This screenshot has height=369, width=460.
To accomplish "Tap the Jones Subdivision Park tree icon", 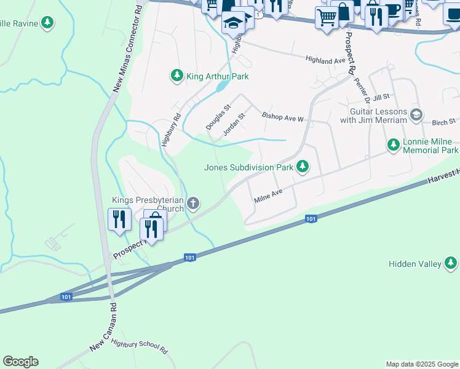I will point(302,166).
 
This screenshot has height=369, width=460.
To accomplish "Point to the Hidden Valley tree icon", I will point(451,263).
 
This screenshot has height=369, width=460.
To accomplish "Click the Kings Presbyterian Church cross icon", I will point(193,204).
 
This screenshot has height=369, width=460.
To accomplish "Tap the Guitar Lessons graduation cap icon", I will point(417,115).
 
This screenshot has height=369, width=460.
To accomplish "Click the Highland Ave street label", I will point(326,60).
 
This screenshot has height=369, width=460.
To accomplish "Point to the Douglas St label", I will point(218,116).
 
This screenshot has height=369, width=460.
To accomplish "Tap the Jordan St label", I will point(234,124).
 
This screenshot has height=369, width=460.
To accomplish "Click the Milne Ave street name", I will point(268,196).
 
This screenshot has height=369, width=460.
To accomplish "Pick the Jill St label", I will point(381,97).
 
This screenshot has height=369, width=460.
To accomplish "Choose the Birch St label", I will point(443,122).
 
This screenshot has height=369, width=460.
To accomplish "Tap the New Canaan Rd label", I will point(103,327).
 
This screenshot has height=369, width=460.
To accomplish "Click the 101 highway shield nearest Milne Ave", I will point(311,218).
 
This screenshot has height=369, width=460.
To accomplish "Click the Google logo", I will point(20,362).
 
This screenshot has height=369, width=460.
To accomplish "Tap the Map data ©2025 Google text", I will point(422,364).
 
